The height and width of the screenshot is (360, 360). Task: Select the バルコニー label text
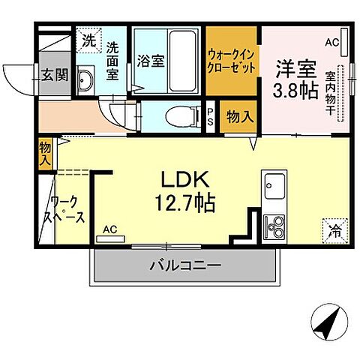(184, 265)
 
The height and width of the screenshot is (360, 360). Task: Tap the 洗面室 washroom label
(112, 59)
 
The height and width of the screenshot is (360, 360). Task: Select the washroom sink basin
(85, 80)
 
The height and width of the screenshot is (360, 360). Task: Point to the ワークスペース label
(67, 209)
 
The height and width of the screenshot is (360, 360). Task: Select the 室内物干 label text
(331, 90)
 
